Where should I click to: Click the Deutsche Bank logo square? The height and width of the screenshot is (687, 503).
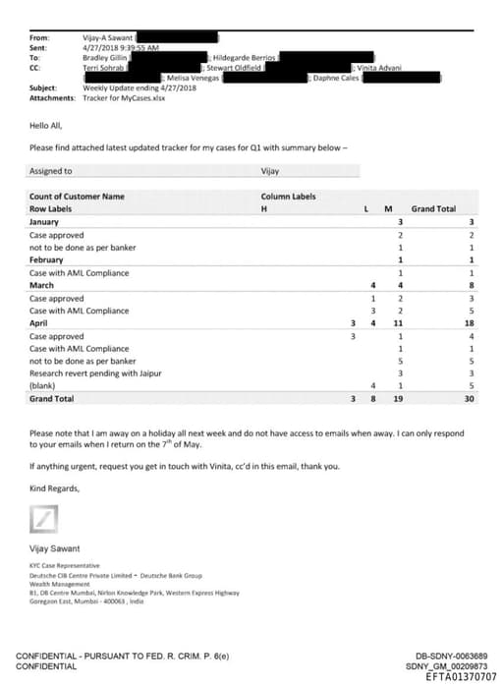tap(44, 517)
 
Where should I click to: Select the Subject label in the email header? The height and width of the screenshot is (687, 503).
tap(43, 87)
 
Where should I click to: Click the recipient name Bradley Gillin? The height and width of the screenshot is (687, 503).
tap(106, 57)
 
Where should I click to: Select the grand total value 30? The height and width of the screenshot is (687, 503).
tap(469, 399)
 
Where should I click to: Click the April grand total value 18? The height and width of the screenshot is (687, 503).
tap(469, 323)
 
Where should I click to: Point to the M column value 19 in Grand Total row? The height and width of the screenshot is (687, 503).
tap(398, 399)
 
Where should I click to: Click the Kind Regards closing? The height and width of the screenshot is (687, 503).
tap(54, 487)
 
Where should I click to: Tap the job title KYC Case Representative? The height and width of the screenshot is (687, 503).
tap(64, 566)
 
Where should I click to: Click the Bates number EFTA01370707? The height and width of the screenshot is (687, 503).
tap(462, 676)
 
